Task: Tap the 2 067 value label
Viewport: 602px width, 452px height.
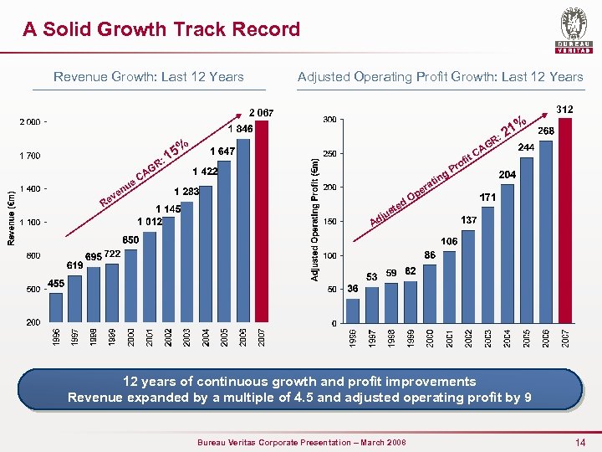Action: tap(261, 112)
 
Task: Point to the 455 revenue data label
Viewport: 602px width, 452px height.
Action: tap(56, 284)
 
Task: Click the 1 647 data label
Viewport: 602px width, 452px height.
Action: tap(222, 152)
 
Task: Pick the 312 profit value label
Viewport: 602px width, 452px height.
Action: tap(564, 109)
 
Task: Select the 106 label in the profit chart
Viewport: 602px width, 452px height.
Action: tap(449, 241)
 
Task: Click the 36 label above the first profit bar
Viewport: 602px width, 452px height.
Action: tap(353, 289)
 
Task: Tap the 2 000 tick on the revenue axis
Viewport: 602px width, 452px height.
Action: tap(28, 122)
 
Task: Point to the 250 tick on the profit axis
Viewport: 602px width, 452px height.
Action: tap(329, 153)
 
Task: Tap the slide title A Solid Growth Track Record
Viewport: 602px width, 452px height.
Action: tap(161, 30)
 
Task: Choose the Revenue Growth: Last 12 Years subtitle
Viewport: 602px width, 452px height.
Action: tap(149, 77)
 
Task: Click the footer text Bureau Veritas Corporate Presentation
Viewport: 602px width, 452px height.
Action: tap(300, 442)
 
